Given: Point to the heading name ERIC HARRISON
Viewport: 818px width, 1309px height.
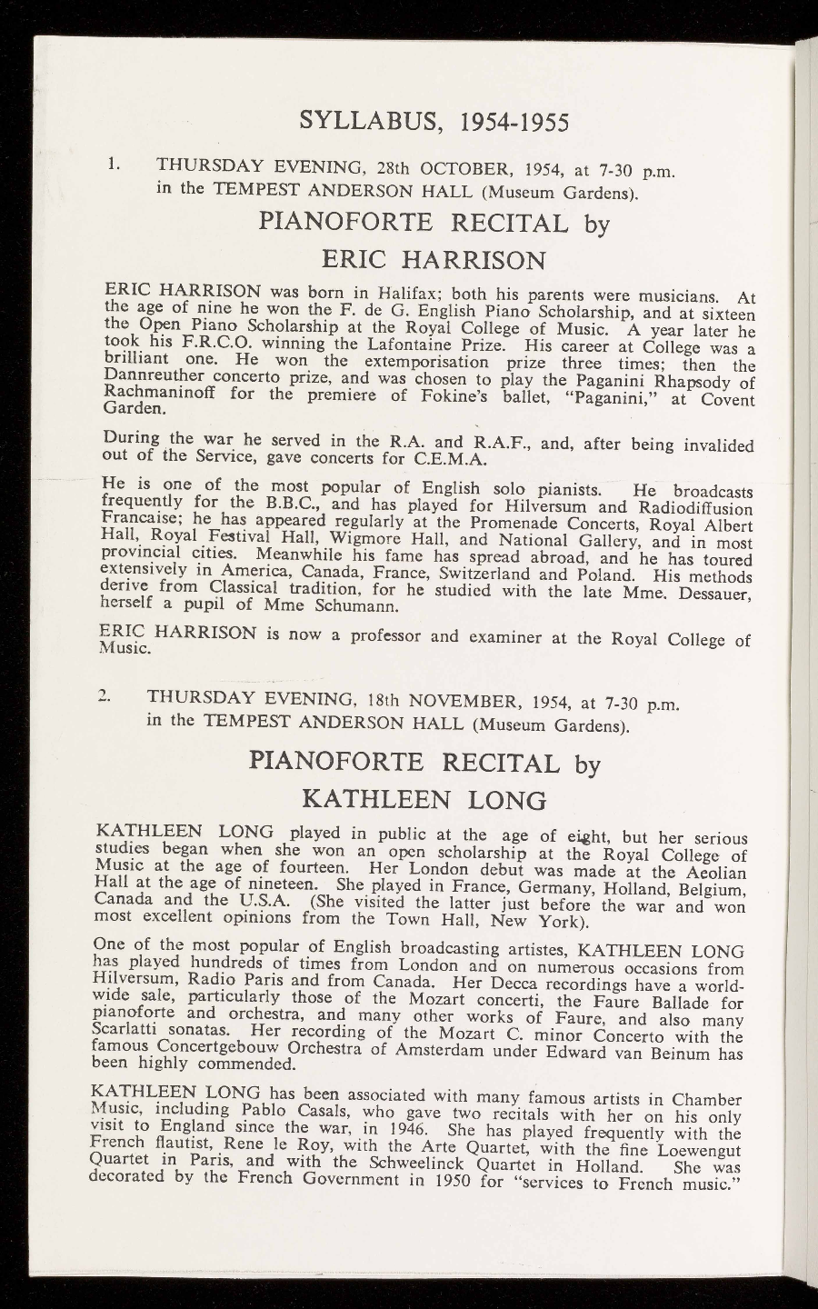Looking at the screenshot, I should (434, 260).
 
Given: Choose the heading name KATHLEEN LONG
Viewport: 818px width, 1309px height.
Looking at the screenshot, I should (424, 799).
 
